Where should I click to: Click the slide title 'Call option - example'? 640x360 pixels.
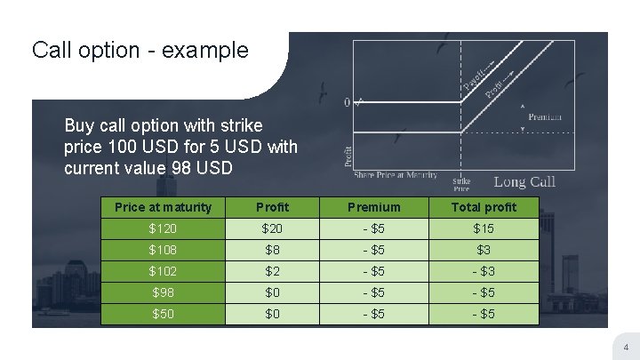point(140,50)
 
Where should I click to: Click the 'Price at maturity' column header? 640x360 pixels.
point(164,207)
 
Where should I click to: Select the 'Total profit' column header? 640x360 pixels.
point(484,207)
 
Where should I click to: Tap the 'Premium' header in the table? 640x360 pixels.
point(373,207)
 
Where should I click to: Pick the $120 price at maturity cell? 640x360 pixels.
point(164,228)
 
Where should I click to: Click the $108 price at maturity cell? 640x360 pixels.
point(164,250)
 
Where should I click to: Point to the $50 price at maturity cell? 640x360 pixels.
point(164,314)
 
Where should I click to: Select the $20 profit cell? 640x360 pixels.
point(272,228)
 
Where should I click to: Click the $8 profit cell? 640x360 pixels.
point(272,250)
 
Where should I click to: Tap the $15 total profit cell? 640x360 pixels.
point(484,228)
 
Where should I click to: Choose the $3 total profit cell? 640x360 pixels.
point(484,250)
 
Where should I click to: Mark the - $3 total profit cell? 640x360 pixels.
point(484,271)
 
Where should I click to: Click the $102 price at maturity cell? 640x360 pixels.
point(164,271)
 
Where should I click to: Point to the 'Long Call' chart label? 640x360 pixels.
point(524,181)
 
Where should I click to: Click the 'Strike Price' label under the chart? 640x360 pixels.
point(461,184)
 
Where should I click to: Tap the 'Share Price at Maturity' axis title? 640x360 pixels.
point(396,174)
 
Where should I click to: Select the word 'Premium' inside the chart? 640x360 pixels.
point(545,117)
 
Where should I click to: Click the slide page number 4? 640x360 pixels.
point(626,347)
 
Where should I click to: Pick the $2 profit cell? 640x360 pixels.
point(272,271)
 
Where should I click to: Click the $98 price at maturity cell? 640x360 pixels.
point(164,292)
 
